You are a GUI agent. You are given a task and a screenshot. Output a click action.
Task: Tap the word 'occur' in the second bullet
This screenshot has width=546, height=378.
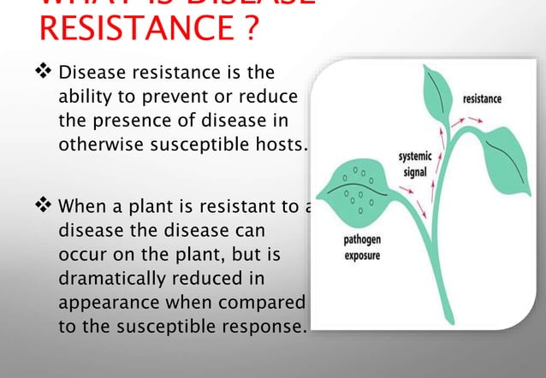80,255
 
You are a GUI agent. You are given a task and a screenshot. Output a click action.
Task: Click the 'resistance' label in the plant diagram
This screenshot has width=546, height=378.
482,99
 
